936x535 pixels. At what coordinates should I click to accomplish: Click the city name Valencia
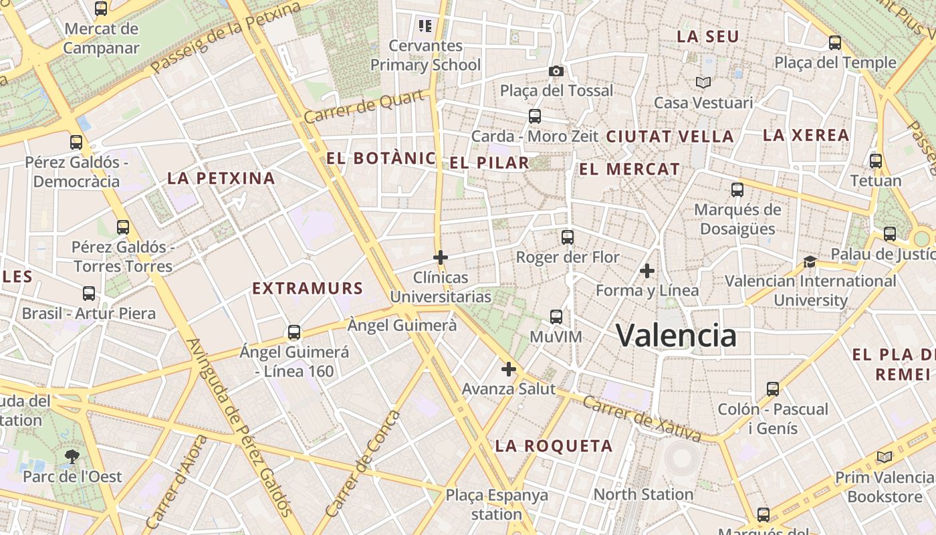(676, 335)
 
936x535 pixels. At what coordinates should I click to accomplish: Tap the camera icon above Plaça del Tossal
(556, 71)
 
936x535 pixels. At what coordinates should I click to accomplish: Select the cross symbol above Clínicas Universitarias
(440, 257)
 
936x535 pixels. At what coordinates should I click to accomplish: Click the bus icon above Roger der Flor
(568, 237)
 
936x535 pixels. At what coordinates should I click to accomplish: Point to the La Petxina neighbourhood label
(221, 179)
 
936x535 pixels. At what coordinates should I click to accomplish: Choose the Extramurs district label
(308, 289)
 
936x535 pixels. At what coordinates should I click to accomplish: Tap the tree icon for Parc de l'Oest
(72, 457)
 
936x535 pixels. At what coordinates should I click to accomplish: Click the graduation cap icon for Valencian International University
(810, 261)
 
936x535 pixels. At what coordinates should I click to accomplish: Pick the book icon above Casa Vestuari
(703, 83)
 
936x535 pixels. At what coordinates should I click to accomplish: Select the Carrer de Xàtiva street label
(642, 419)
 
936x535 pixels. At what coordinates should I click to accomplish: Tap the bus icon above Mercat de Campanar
(101, 9)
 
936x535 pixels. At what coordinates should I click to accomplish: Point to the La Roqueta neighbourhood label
(554, 446)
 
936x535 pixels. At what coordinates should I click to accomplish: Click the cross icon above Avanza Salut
(509, 369)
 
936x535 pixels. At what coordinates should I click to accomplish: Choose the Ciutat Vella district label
(670, 137)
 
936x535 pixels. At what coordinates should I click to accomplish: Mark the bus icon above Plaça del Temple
(835, 43)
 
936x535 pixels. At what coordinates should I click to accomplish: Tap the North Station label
(643, 495)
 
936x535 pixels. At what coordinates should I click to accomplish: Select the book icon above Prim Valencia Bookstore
(885, 457)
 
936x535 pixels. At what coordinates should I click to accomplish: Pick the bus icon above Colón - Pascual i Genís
(773, 389)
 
